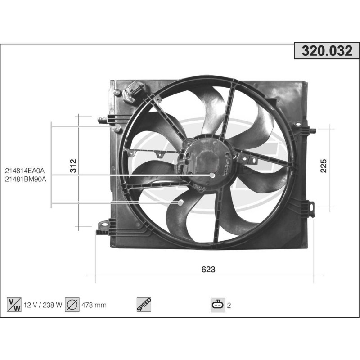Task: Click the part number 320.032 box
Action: pyautogui.click(x=327, y=51)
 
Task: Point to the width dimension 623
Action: pyautogui.click(x=208, y=269)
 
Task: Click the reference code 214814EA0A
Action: pyautogui.click(x=26, y=171)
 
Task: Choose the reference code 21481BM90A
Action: pyautogui.click(x=26, y=179)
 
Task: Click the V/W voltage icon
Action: pyautogui.click(x=14, y=305)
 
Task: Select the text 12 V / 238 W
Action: pyautogui.click(x=43, y=305)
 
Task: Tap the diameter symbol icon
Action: pyautogui.click(x=72, y=305)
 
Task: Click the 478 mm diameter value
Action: pyautogui.click(x=94, y=305)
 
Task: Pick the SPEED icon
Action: pyautogui.click(x=144, y=305)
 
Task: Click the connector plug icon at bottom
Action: pyautogui.click(x=217, y=305)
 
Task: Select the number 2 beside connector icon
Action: pyautogui.click(x=229, y=305)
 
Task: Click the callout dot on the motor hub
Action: pyautogui.click(x=212, y=175)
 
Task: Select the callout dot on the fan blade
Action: pyautogui.click(x=181, y=202)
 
